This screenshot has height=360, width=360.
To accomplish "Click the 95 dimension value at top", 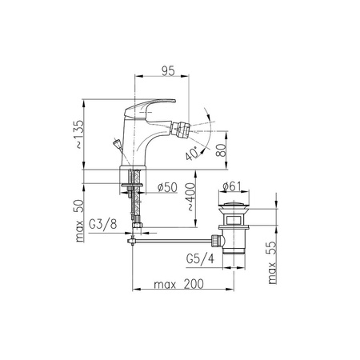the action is (168, 71).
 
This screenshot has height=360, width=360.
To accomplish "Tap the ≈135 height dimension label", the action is (79, 134).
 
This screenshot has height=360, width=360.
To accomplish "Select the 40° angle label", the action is (192, 154).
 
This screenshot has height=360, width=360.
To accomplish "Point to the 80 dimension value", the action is (221, 150).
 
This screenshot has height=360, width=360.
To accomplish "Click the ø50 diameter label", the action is (167, 187).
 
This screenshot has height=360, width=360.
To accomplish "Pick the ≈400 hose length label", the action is (190, 197).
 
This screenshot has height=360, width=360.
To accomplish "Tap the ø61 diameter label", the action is (231, 186).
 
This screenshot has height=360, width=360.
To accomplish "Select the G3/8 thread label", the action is (102, 225).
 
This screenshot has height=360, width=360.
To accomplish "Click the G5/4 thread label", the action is (200, 258).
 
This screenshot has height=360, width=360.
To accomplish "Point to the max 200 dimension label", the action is (178, 284).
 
